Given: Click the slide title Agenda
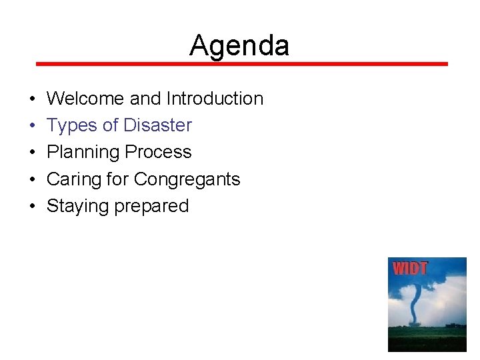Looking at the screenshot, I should pos(239,45).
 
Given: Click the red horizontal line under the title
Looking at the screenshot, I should pos(241,64).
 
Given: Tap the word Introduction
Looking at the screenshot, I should pos(215,99).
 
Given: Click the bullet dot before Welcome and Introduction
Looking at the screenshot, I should pos(33,99).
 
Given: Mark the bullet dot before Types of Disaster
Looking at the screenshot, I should pos(33,126).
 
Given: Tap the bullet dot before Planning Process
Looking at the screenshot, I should pos(33,153).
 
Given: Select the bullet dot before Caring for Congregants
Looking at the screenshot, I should pos(33,180).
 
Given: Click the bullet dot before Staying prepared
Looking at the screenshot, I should pos(33,207).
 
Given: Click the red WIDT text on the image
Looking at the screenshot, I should pos(410,269).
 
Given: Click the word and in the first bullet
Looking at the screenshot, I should pos(145,99).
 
